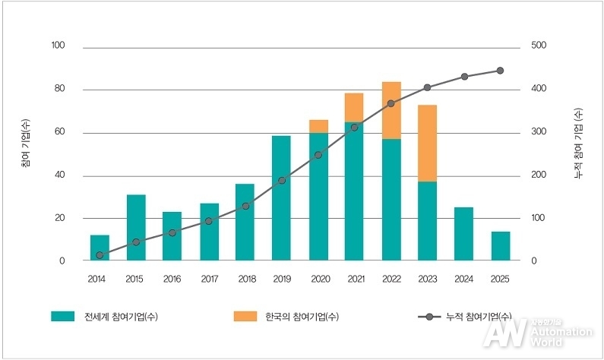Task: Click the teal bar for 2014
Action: pyautogui.click(x=100, y=248)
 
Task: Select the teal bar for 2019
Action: pyautogui.click(x=282, y=199)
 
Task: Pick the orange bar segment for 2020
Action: pyautogui.click(x=318, y=127)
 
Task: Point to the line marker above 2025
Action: pyautogui.click(x=500, y=71)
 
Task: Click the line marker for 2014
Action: pyautogui.click(x=100, y=255)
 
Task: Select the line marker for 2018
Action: pyautogui.click(x=245, y=206)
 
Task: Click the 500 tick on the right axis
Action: pyautogui.click(x=539, y=46)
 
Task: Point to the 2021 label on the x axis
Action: pyautogui.click(x=354, y=279)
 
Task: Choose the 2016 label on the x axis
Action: pyautogui.click(x=172, y=279)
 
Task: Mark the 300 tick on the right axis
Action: pyautogui.click(x=539, y=132)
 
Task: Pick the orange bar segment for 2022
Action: pyautogui.click(x=391, y=110)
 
